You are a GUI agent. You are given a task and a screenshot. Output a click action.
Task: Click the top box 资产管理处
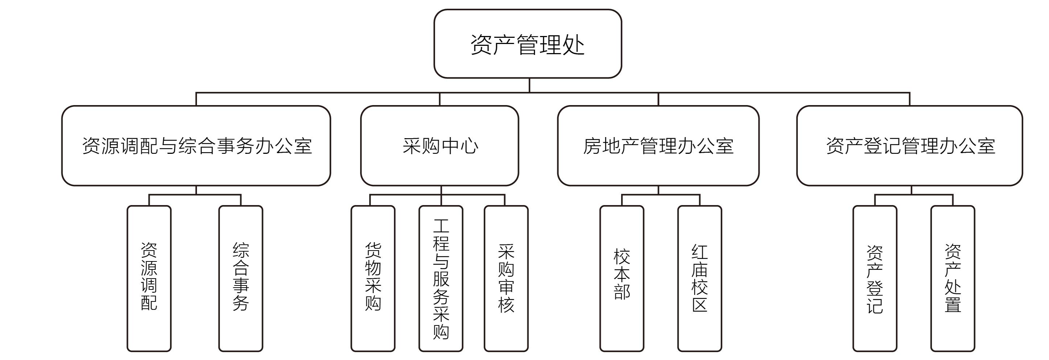click(527, 44)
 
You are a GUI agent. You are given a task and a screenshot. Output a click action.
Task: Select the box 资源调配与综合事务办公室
click(196, 145)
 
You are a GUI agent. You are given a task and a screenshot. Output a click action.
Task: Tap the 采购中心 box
click(439, 145)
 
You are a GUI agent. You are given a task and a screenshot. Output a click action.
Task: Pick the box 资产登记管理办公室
click(909, 145)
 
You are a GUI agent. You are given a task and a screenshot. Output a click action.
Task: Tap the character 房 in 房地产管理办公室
click(592, 146)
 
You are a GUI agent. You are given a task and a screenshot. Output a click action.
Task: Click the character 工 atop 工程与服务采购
click(441, 226)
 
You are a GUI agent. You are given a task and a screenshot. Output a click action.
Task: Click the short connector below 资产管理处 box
click(529, 85)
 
